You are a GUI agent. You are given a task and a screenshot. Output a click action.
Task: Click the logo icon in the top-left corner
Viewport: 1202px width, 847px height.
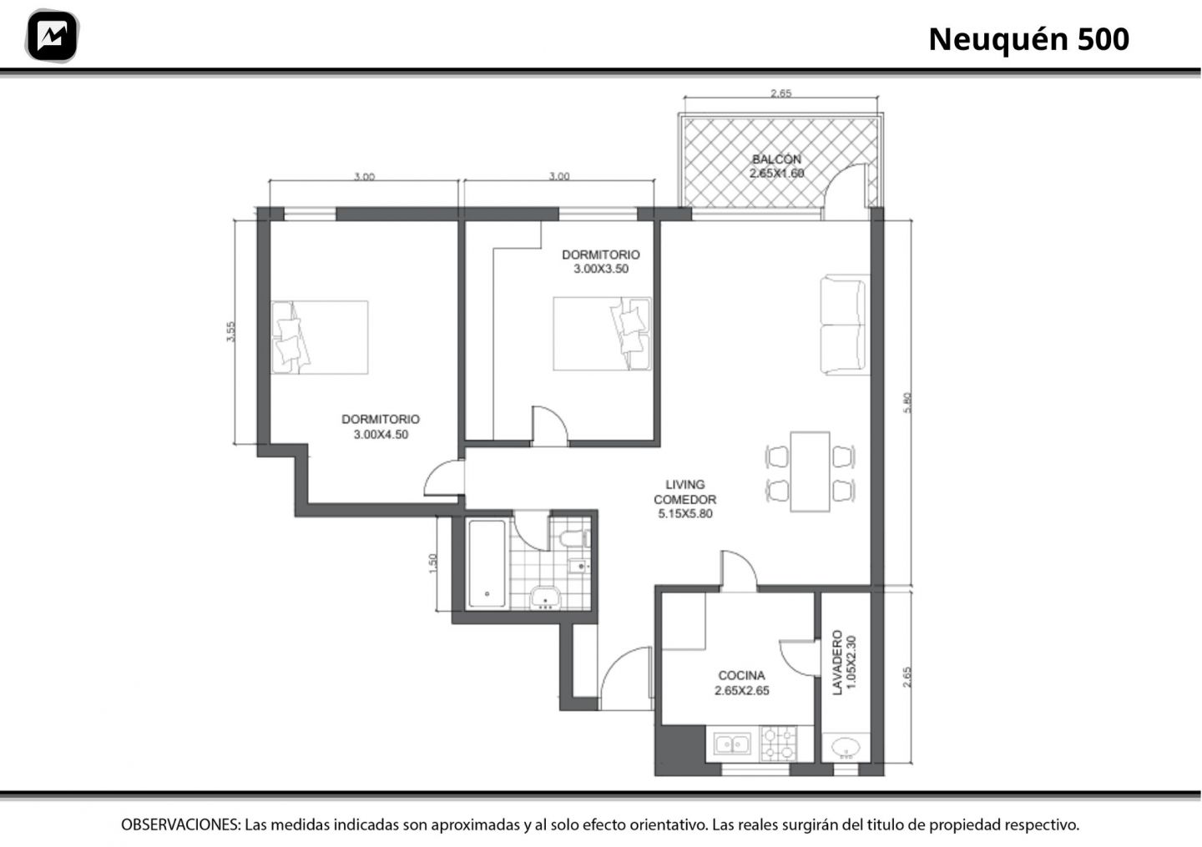click(52, 36)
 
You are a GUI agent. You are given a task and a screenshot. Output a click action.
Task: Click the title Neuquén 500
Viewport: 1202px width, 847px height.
click(1028, 39)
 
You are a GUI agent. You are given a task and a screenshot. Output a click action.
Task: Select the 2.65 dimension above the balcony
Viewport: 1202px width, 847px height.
click(780, 93)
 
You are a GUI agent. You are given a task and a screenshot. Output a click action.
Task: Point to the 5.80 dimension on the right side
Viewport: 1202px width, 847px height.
click(907, 402)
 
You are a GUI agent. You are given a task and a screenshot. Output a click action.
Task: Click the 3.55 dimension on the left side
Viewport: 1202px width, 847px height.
click(230, 331)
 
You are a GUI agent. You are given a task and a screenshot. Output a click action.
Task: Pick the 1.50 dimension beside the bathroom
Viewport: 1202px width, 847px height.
click(433, 563)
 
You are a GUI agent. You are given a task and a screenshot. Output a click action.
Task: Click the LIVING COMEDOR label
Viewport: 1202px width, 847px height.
click(684, 499)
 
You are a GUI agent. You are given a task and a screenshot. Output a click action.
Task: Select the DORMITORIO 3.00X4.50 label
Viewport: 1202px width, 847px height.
click(381, 426)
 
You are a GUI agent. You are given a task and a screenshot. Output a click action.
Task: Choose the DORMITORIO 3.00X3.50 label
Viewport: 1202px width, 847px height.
click(600, 261)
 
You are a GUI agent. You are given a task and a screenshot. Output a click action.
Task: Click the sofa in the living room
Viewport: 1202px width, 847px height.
click(845, 325)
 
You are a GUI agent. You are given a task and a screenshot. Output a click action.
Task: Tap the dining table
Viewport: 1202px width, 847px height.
click(810, 471)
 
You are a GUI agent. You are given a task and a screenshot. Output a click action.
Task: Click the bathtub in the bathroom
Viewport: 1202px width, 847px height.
click(487, 563)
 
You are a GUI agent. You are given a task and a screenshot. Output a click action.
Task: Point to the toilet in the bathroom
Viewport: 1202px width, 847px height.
click(574, 538)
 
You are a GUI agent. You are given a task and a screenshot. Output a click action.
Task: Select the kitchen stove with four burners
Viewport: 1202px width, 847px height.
click(779, 744)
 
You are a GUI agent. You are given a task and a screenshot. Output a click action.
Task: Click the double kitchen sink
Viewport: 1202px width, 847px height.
click(732, 744)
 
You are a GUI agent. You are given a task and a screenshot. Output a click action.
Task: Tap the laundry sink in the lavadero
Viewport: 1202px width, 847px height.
click(845, 747)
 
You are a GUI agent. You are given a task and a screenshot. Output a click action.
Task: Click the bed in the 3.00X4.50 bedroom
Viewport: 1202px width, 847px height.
click(320, 337)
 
